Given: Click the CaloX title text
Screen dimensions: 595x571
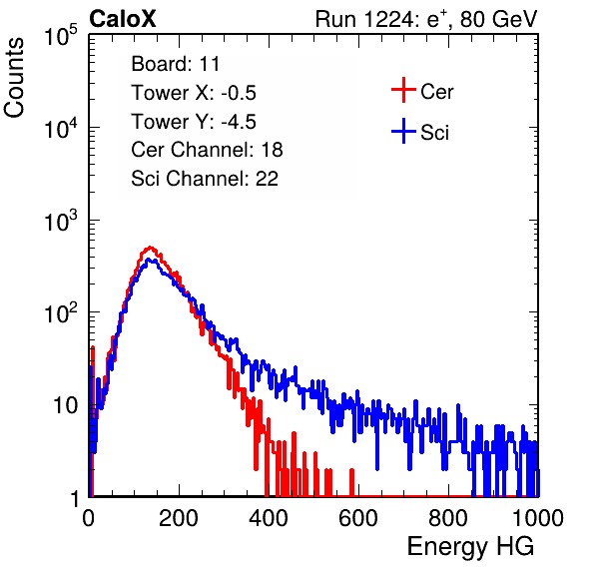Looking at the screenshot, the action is pyautogui.click(x=123, y=19).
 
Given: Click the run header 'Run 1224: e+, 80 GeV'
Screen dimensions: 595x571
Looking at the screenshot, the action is pyautogui.click(x=426, y=19).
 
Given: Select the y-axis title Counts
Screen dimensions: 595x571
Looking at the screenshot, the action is pyautogui.click(x=14, y=78).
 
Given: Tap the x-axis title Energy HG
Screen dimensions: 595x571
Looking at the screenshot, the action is pyautogui.click(x=470, y=547).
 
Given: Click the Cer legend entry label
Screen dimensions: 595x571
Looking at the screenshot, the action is pyautogui.click(x=436, y=92).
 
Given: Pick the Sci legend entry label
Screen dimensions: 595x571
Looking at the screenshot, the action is pyautogui.click(x=434, y=133).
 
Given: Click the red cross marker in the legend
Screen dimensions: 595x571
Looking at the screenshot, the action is pyautogui.click(x=403, y=90).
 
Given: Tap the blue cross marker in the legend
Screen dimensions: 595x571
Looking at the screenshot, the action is pyautogui.click(x=403, y=131).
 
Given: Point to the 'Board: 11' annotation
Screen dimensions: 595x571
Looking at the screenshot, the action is pyautogui.click(x=176, y=64).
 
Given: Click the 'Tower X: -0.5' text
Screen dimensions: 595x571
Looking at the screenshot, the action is pyautogui.click(x=194, y=93).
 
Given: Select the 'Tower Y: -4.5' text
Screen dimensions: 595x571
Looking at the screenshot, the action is pyautogui.click(x=194, y=122).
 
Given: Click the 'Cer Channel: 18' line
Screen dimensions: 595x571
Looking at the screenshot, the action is pyautogui.click(x=207, y=150).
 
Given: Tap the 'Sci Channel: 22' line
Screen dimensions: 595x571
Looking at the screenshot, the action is pyautogui.click(x=205, y=179).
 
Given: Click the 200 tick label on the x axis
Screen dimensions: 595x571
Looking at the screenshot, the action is pyautogui.click(x=179, y=518).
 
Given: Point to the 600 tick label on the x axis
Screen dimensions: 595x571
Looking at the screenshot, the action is pyautogui.click(x=358, y=518).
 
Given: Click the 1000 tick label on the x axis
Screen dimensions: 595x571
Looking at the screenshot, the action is pyautogui.click(x=538, y=518).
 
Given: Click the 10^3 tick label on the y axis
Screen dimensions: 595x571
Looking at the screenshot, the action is pyautogui.click(x=61, y=220).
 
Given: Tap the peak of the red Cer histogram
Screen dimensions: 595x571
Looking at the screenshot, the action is pyautogui.click(x=151, y=248).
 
